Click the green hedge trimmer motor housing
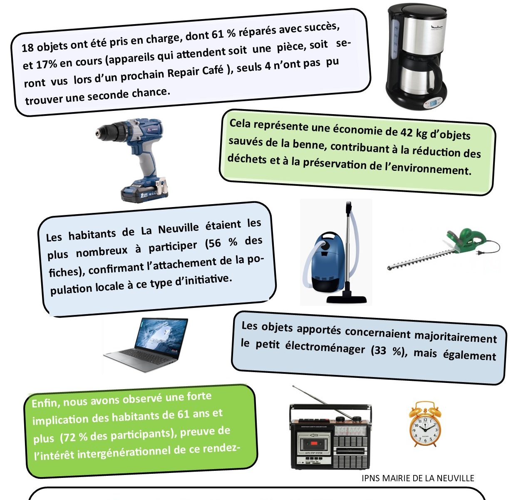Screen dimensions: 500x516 (x=466, y=240)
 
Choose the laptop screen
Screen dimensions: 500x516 (x=162, y=333)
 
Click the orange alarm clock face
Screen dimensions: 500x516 (x=425, y=427)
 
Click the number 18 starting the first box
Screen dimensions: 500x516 (x=27, y=47)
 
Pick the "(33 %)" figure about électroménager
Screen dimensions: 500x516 (x=387, y=351)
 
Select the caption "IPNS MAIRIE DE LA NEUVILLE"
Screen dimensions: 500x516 (x=418, y=478)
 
